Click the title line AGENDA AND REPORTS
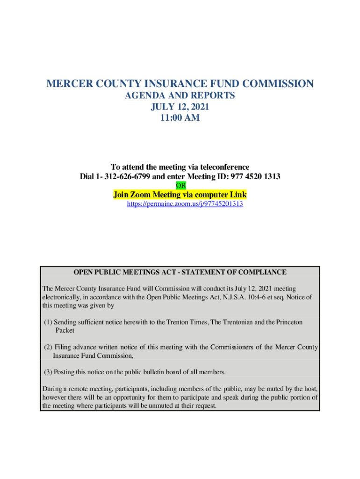[180, 96]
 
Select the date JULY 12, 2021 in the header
[180, 107]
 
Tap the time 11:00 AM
[180, 118]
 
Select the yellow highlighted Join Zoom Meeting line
[180, 195]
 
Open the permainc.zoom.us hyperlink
[185, 204]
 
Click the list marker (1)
[48, 322]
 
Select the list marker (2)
[48, 348]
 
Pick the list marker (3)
[48, 372]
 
